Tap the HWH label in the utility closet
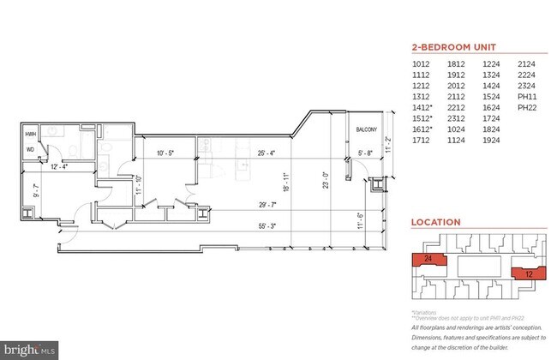click(x=31, y=135)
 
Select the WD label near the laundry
click(x=31, y=149)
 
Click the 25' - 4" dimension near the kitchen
click(x=265, y=154)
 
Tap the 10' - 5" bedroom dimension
click(x=167, y=154)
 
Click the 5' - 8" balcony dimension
click(x=365, y=154)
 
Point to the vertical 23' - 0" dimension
click(x=325, y=181)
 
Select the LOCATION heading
click(x=435, y=222)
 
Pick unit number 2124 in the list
click(x=526, y=63)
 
